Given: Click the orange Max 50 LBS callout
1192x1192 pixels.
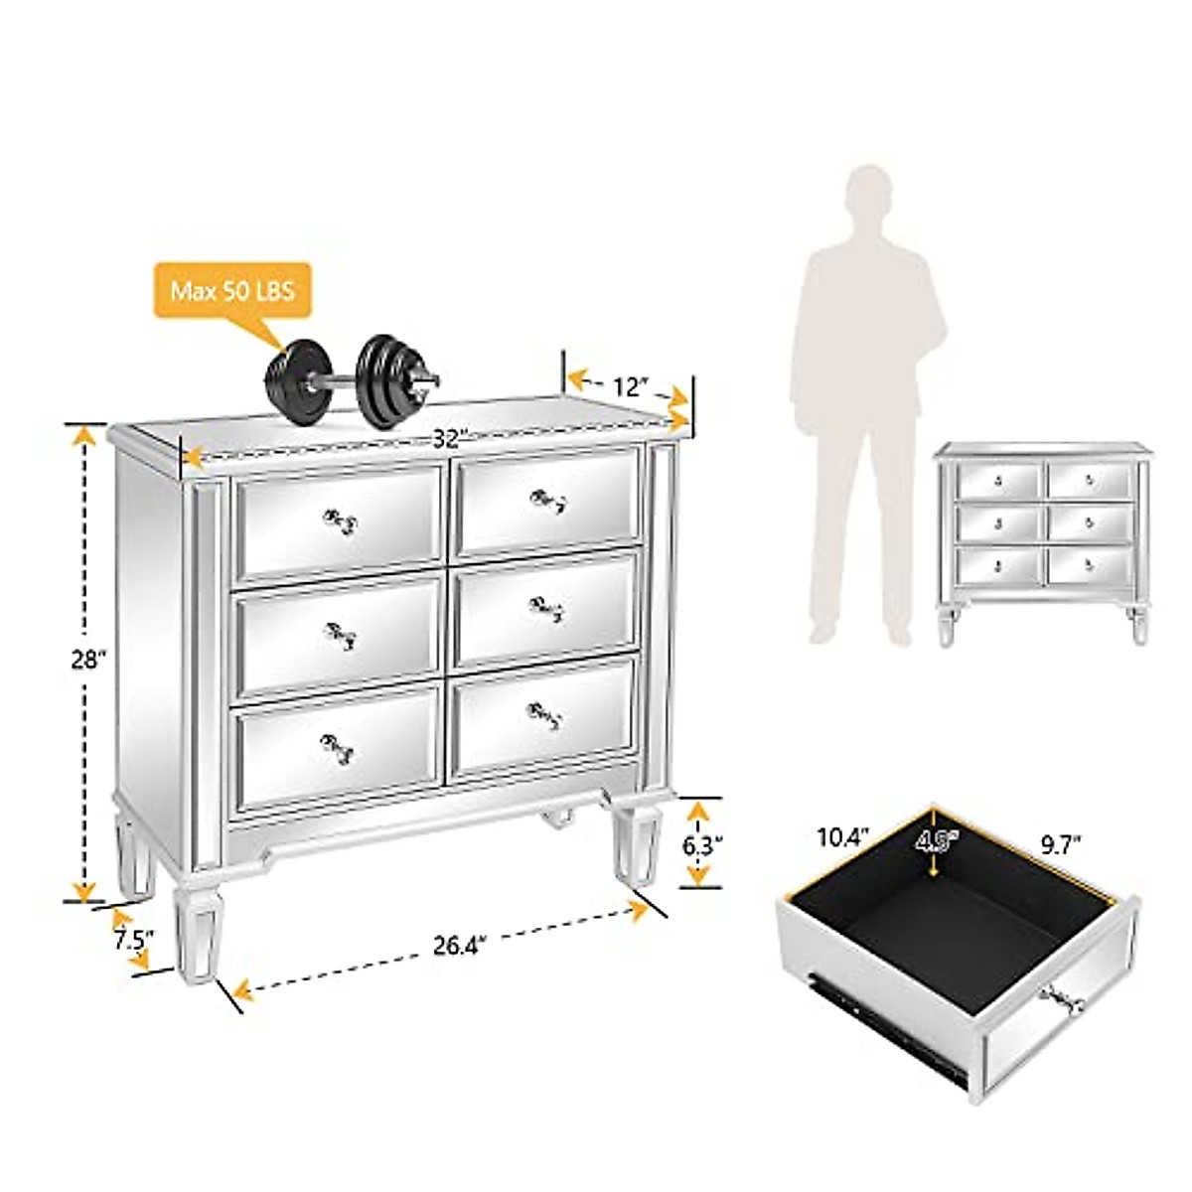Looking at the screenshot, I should [231, 290].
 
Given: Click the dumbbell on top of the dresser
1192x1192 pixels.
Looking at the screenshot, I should [352, 378].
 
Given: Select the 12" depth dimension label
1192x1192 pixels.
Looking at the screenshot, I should [628, 386].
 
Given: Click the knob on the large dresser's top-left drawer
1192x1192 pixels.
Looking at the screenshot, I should [339, 519].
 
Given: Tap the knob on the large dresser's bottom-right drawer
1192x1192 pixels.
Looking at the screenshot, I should [544, 714].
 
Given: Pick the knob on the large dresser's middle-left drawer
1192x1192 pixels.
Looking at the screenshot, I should [339, 633].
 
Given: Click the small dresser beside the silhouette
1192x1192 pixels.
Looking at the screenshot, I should [1044, 536].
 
